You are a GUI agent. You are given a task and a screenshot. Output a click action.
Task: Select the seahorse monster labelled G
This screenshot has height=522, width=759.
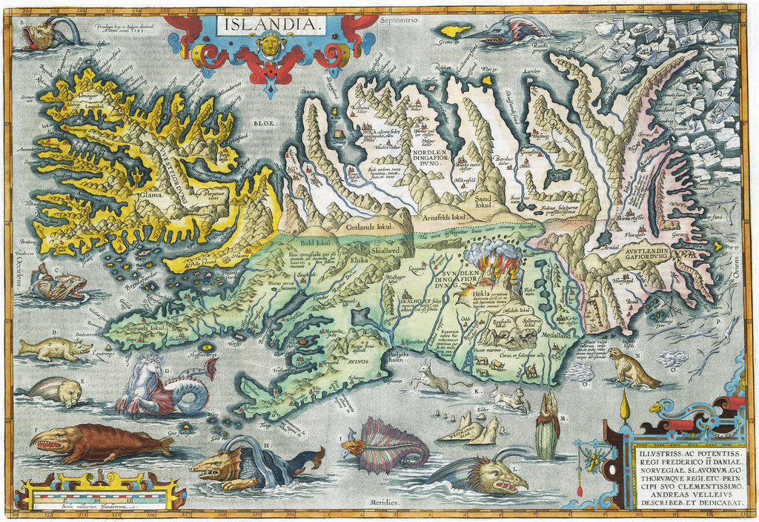tap(159, 386)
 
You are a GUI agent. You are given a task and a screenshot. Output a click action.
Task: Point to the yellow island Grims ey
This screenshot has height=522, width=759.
tap(455, 30)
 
